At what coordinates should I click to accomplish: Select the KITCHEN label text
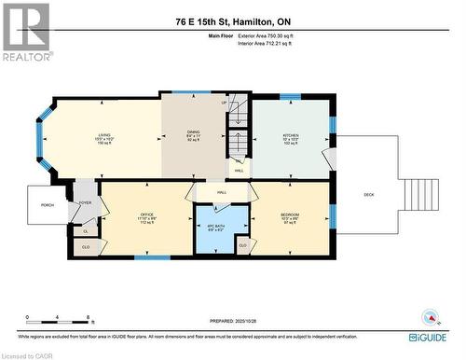pyautogui.click(x=292, y=135)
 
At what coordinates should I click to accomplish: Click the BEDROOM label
pyautogui.click(x=289, y=215)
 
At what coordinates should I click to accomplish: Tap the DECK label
pyautogui.click(x=368, y=194)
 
